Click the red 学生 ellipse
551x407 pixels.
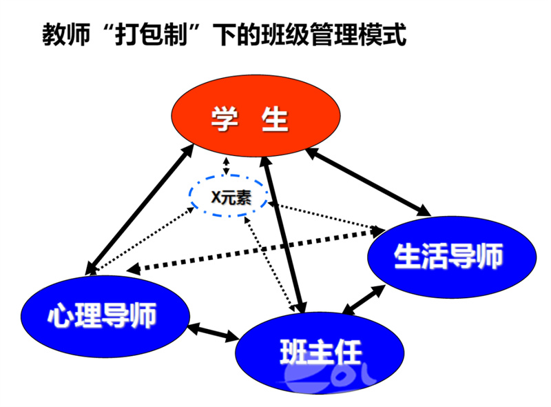pyautogui.click(x=256, y=115)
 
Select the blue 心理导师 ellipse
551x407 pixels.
pyautogui.click(x=105, y=317)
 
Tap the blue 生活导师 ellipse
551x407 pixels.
pyautogui.click(x=452, y=257)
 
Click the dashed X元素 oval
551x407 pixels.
pyautogui.click(x=229, y=196)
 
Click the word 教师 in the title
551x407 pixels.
pyautogui.click(x=66, y=34)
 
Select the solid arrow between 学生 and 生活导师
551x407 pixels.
pyautogui.click(x=368, y=181)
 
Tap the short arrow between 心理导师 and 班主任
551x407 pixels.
pyautogui.click(x=214, y=332)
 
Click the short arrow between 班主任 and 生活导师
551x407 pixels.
pyautogui.click(x=364, y=299)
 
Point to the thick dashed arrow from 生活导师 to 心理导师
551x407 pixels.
pyautogui.click(x=256, y=250)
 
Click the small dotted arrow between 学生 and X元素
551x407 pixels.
pyautogui.click(x=227, y=166)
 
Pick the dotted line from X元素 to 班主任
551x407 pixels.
pyautogui.click(x=269, y=264)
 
